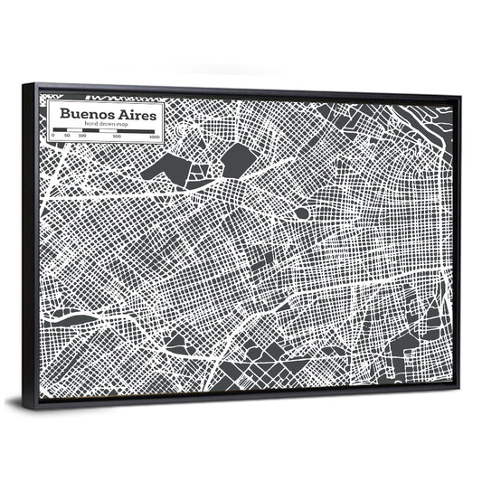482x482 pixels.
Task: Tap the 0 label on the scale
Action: coord(53,137)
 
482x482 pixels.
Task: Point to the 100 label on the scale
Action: coord(82,137)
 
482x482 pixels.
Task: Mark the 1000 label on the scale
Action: coord(155,137)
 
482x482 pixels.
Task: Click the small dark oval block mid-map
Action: coord(301,214)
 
